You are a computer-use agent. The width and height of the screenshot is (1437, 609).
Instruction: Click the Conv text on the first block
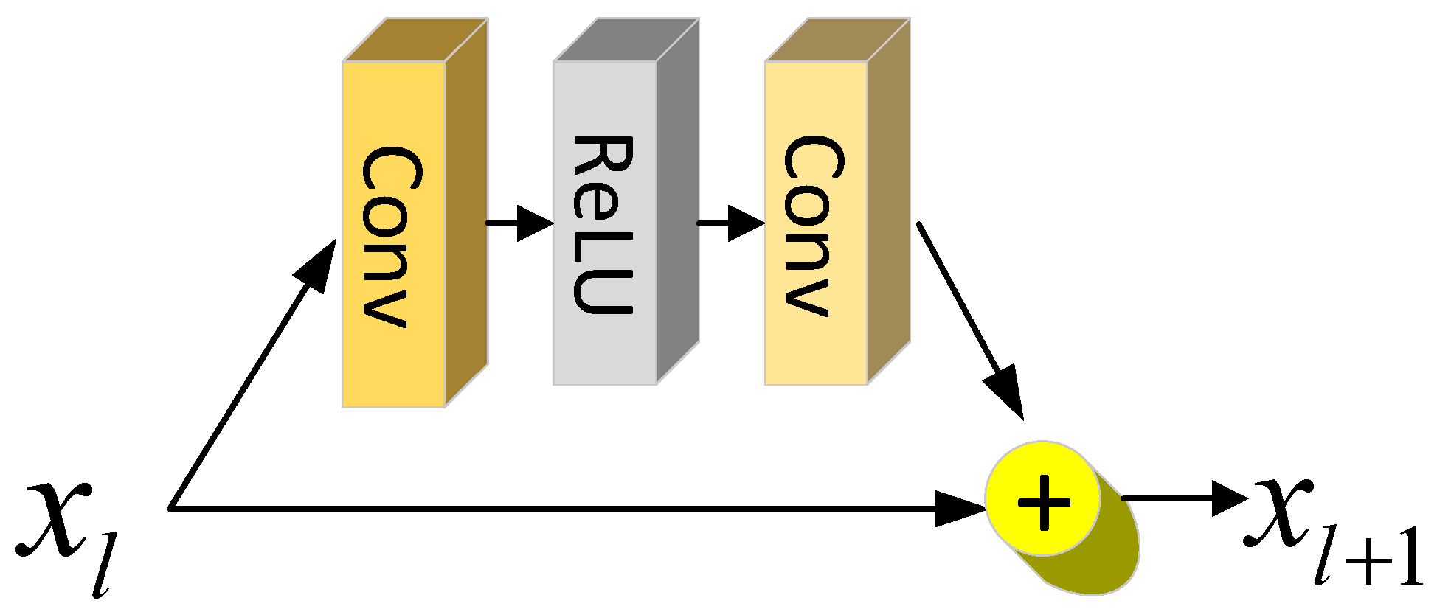pos(392,236)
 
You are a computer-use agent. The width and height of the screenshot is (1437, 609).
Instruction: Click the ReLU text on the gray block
pos(603,225)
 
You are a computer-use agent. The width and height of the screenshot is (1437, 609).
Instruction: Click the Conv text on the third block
pos(814,225)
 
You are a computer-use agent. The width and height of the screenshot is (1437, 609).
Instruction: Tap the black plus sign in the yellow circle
pos(1043,502)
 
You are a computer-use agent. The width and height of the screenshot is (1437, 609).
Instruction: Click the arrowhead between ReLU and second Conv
pos(745,223)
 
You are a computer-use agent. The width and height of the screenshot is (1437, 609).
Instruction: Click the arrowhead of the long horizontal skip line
pos(959,508)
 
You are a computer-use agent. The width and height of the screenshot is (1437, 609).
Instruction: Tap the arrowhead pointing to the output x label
pos(1228,498)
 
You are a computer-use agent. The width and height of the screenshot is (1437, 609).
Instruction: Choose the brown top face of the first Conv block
pos(415,40)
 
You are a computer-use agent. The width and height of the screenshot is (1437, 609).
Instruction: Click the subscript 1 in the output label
pos(1406,560)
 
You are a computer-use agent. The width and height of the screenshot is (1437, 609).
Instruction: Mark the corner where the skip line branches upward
pos(171,507)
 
